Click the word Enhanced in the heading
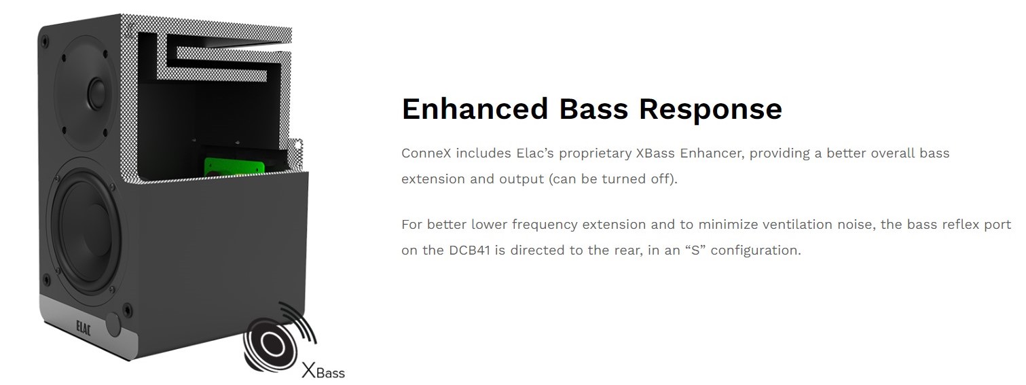(475, 109)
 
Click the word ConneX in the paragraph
(426, 153)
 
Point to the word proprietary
(595, 154)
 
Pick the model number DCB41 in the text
(469, 250)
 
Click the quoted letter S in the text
(696, 250)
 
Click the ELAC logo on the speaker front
(84, 329)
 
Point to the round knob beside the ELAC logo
(113, 325)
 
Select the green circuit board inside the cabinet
(234, 166)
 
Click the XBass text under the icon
(323, 370)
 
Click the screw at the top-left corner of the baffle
(45, 42)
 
